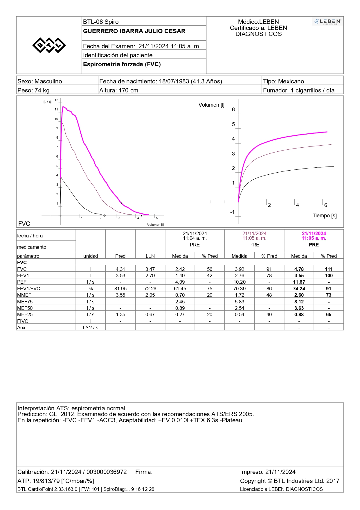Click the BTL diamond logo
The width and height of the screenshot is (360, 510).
49,45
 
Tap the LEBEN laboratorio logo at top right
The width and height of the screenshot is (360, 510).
327,22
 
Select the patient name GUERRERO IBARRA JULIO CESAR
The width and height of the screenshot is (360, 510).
134,31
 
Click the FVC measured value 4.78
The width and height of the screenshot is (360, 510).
299,269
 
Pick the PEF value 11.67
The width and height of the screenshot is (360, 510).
299,282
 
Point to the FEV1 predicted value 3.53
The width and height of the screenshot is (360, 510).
120,275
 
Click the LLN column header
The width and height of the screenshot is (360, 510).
150,256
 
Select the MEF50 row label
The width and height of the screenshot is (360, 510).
25,308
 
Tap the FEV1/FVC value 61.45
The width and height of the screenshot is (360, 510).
180,289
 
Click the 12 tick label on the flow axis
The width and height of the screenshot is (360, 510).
56,100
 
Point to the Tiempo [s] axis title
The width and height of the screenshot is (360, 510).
325,216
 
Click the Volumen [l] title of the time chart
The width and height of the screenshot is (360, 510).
211,105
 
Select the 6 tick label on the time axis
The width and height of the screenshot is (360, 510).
326,205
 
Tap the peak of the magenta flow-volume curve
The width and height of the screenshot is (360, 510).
63,107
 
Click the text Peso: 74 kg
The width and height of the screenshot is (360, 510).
33,90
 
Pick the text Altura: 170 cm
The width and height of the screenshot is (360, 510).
119,90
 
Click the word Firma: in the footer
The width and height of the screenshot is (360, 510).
144,472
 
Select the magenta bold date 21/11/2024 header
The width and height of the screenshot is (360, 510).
314,233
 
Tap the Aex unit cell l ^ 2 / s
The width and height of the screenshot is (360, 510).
91,328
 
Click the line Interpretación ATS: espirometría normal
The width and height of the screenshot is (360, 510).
71,408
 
